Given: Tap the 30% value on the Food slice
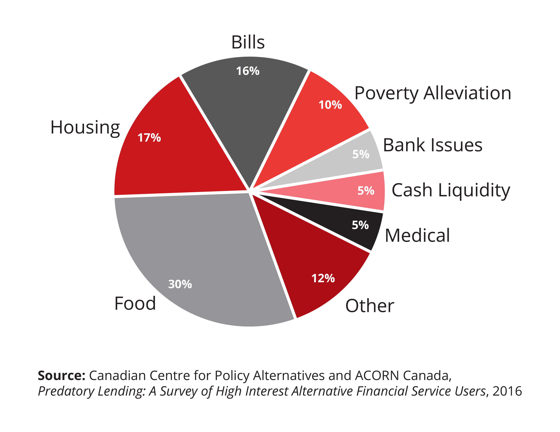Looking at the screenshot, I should [x=180, y=284].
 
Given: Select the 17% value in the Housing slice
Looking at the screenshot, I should [x=149, y=138].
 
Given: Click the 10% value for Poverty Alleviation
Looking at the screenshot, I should [x=330, y=105].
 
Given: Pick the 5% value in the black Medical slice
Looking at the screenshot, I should [x=360, y=225].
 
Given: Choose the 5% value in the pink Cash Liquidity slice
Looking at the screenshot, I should [x=366, y=190].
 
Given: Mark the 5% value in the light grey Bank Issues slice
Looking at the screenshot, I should [x=361, y=154].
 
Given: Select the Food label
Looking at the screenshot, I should [x=135, y=303].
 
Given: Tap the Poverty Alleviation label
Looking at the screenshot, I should [x=433, y=93].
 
